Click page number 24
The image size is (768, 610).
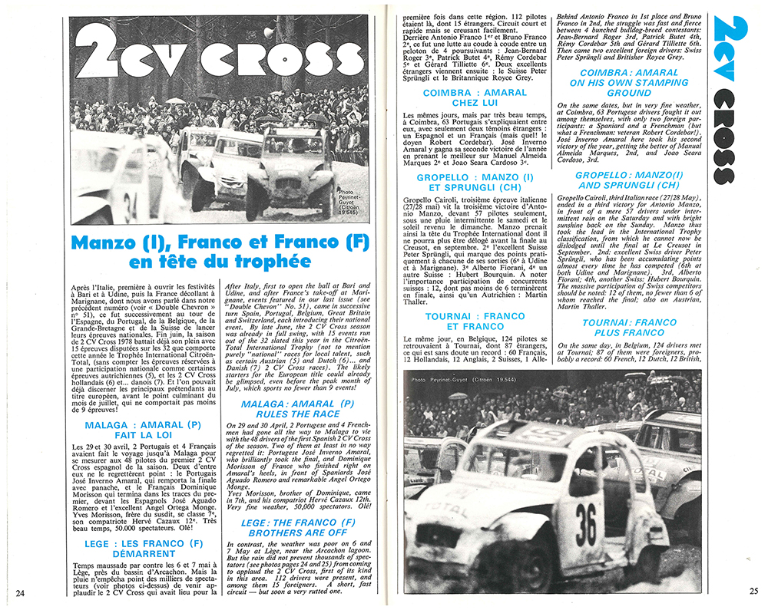tap(21, 592)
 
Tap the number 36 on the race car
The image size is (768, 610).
tap(586, 525)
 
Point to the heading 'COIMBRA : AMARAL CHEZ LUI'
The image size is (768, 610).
tap(475, 97)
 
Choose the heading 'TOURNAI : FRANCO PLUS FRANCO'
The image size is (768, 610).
tap(629, 328)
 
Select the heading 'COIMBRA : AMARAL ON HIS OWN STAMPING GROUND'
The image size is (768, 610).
tap(629, 82)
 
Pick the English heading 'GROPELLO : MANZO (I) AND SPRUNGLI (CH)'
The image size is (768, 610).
tap(629, 179)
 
